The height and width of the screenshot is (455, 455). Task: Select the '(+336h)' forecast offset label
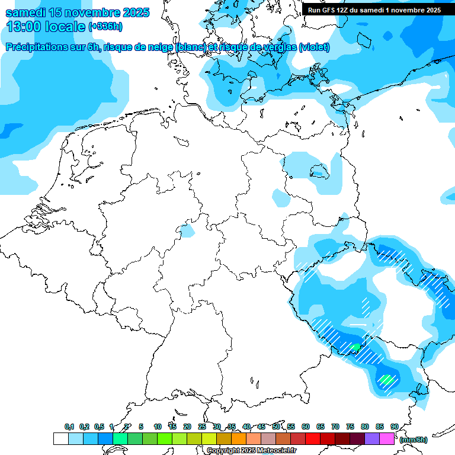pos(105,27)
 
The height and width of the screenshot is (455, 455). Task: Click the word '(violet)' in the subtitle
pos(314,47)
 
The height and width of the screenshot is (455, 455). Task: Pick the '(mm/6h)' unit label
pos(412,440)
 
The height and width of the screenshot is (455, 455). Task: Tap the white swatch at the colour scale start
pos(60,439)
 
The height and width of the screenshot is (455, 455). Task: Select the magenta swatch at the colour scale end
pos(387,439)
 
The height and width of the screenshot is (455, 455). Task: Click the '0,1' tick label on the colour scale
pos(69,427)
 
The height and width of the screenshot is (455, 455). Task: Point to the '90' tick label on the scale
pos(395,427)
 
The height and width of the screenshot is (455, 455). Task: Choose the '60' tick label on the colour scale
pos(306,427)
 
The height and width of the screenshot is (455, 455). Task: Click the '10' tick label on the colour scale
pos(158,427)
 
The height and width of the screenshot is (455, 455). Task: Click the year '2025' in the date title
pos(136,12)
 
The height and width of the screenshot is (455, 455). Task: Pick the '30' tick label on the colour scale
pos(217,427)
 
